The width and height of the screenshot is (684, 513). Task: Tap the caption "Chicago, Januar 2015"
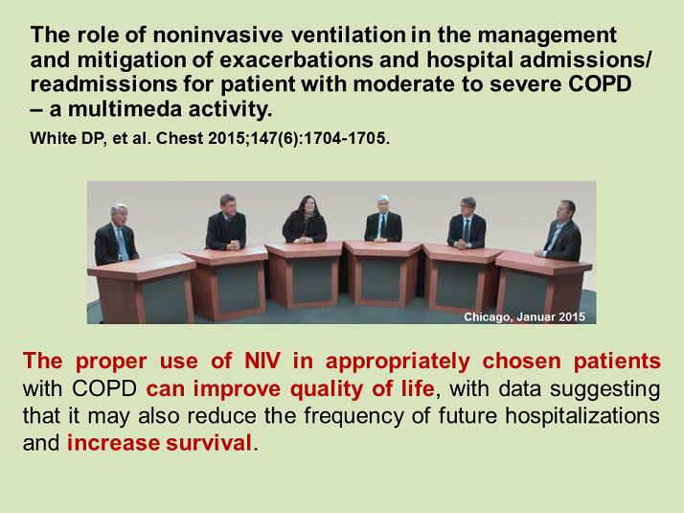(x=523, y=315)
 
